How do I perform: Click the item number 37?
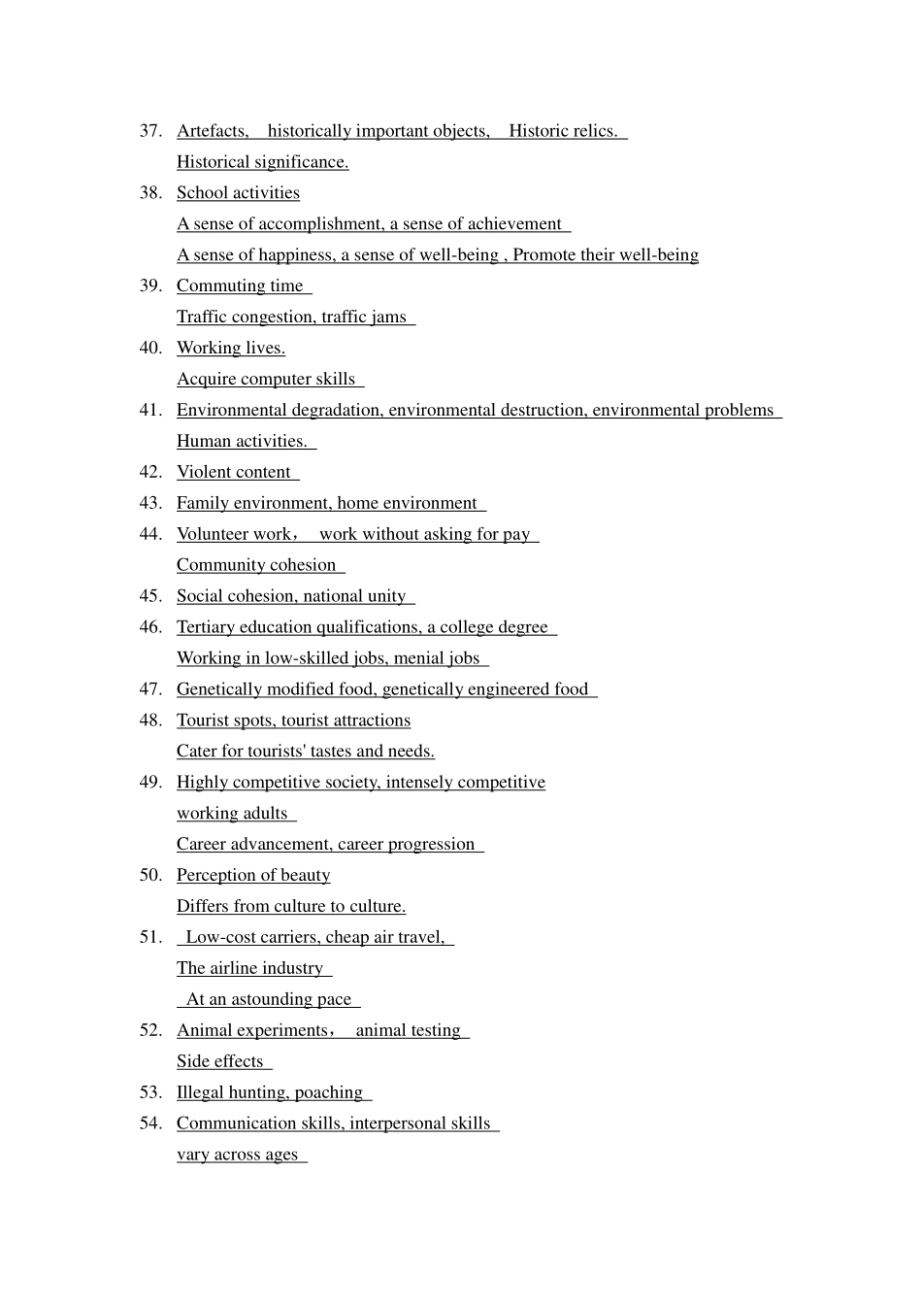coord(150,131)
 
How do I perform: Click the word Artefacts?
coord(212,131)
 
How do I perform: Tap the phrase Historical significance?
coord(262,162)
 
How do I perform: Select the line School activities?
coord(238,193)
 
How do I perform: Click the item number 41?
coord(150,411)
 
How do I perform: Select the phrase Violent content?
coord(233,473)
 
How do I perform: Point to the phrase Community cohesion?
coord(256,565)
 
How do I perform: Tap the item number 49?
coord(150,783)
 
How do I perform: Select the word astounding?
coord(271,1000)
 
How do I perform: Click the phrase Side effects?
coord(219,1062)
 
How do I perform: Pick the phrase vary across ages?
coord(237,1155)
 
